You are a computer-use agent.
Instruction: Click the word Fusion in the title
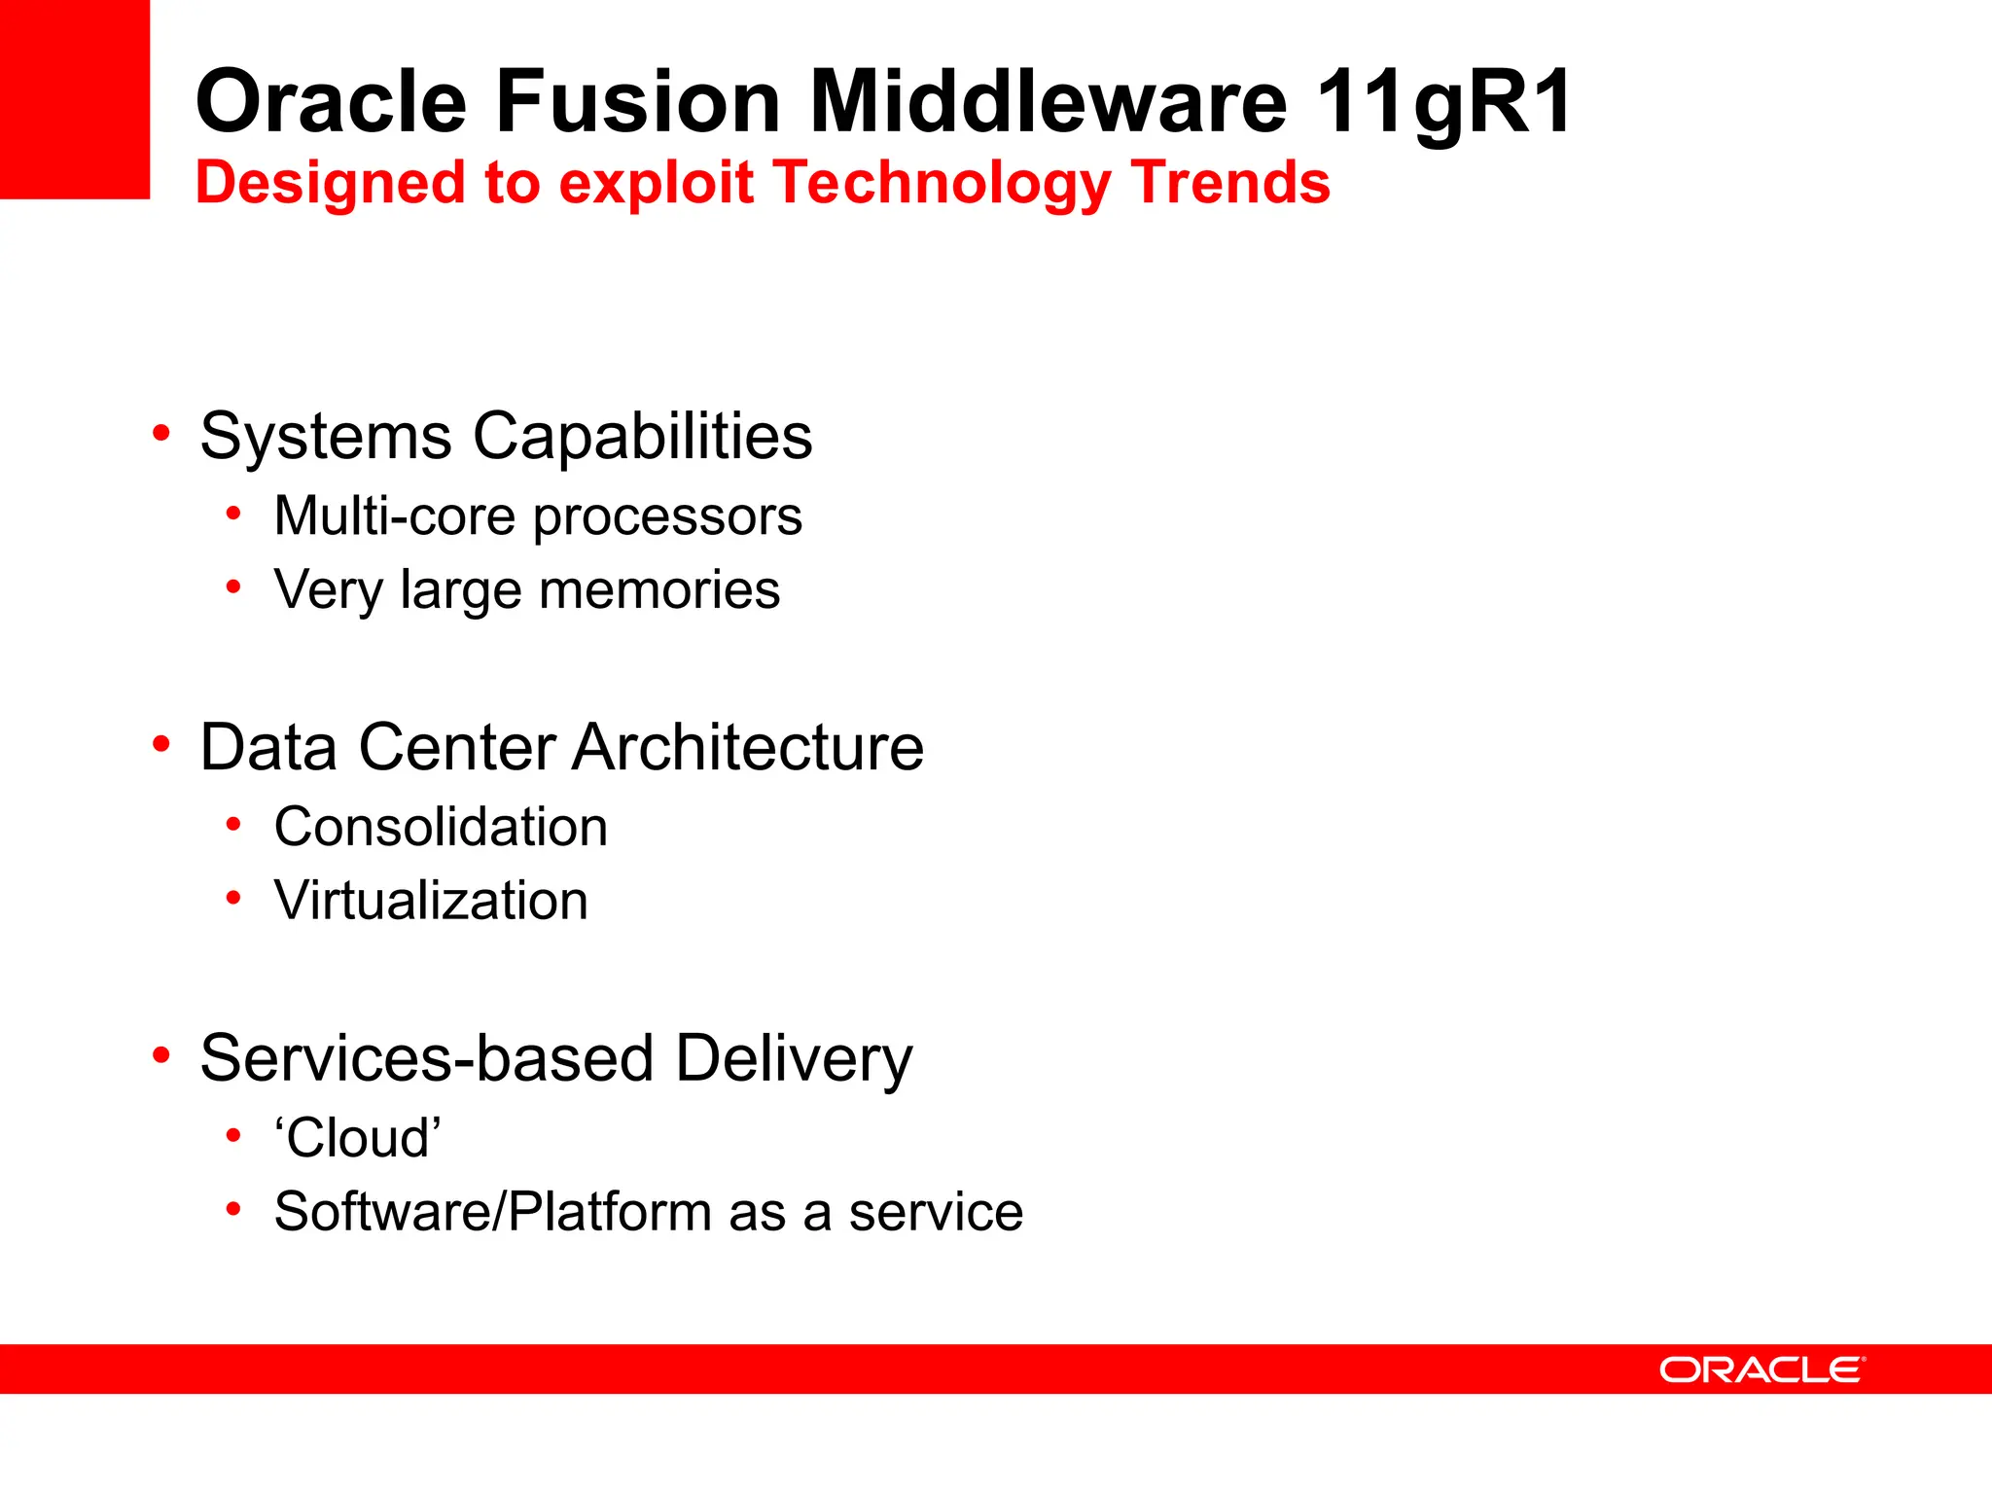638,101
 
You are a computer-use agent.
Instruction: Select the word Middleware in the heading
1049,101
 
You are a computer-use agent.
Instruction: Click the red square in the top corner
74,98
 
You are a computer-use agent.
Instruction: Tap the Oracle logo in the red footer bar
1761,1369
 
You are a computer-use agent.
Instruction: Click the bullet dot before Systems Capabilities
161,433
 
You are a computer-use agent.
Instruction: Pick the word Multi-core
395,516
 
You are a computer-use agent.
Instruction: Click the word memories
658,589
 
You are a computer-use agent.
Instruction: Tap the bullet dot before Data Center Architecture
161,744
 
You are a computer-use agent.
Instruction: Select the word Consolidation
441,827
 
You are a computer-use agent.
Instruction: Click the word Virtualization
431,901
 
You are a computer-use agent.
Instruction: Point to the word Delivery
794,1058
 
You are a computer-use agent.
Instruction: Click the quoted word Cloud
358,1137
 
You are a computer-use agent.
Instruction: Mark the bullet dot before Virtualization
233,898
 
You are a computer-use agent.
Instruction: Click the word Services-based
426,1058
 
